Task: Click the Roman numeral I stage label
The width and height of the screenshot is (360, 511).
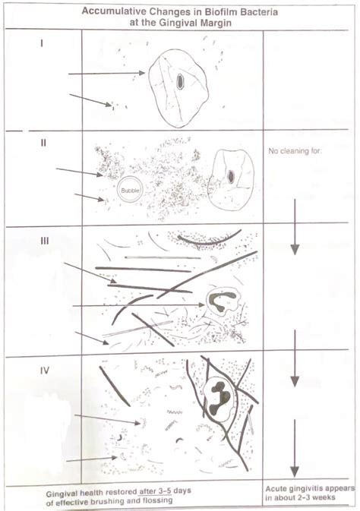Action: (x=41, y=43)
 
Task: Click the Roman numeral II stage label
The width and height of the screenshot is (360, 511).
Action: (x=43, y=141)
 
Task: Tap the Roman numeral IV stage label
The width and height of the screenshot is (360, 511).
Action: (x=45, y=371)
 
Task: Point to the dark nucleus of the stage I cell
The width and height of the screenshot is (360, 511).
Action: (x=179, y=81)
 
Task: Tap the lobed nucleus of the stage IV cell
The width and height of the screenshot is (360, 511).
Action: (x=220, y=394)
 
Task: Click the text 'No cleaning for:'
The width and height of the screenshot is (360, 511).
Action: (x=295, y=151)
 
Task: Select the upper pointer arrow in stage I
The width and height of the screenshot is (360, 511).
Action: (x=106, y=74)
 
